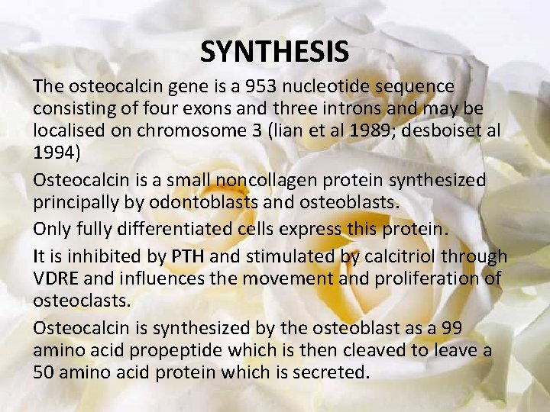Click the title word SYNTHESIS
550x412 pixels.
coord(274,52)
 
